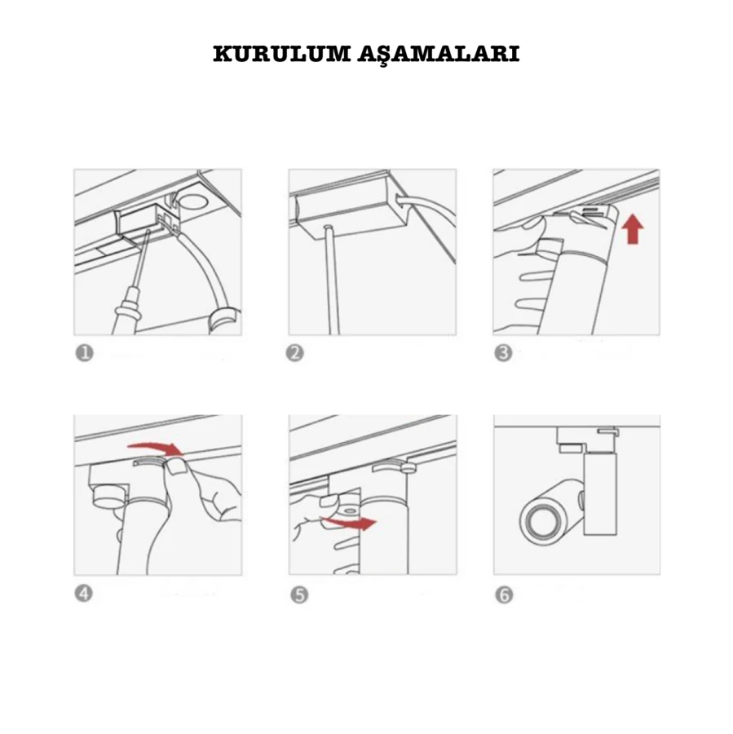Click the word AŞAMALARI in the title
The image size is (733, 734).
click(x=439, y=55)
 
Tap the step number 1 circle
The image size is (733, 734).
click(x=85, y=353)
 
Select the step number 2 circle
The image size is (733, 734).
click(x=295, y=353)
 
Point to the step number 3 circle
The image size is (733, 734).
click(x=504, y=353)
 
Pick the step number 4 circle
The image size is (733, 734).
click(x=84, y=594)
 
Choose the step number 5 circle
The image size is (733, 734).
click(x=299, y=595)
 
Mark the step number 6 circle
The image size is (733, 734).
click(x=504, y=595)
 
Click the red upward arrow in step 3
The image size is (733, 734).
click(x=633, y=229)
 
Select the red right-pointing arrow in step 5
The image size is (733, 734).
click(x=349, y=523)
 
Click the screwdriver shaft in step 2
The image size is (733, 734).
click(x=331, y=280)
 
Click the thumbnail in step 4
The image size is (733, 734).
click(x=177, y=467)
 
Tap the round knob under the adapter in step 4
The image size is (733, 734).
click(x=109, y=497)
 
